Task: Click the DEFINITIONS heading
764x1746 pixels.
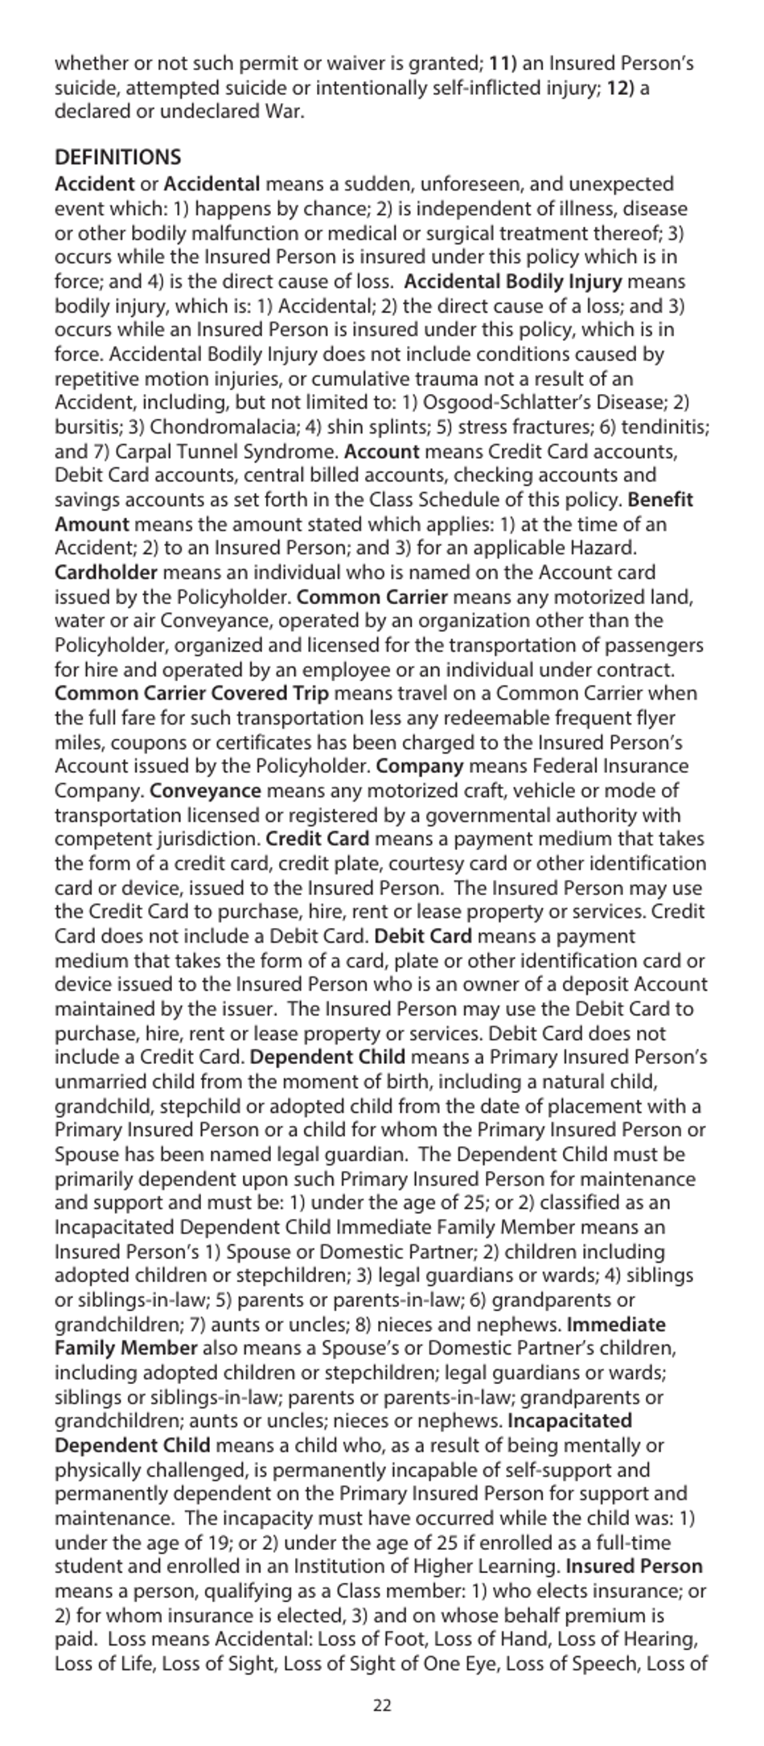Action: coord(117,158)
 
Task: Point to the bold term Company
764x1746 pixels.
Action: coord(420,766)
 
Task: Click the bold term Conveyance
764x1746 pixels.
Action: coord(205,791)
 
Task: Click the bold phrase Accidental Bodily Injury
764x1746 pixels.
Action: coord(512,281)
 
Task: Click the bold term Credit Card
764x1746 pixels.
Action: coord(317,839)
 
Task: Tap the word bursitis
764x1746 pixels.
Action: coord(88,427)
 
